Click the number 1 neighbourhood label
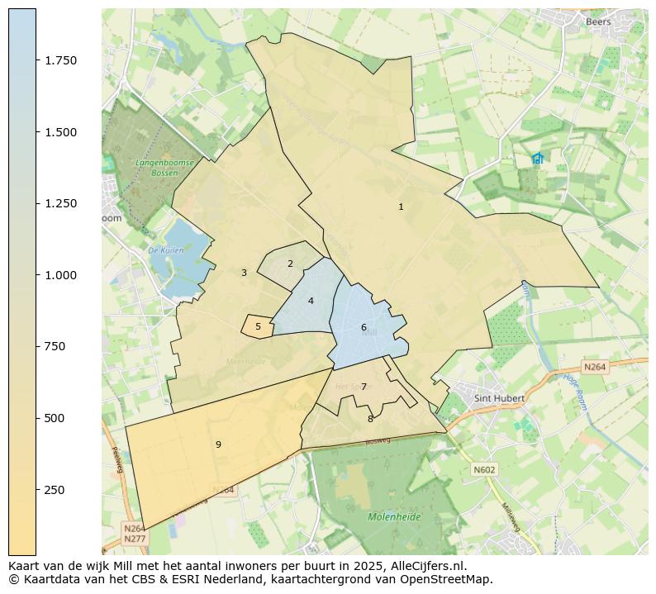401,207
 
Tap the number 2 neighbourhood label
290,264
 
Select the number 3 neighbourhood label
244,273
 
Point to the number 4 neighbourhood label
311,302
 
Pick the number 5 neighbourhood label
258,327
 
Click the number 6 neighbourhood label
364,328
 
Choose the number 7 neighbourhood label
364,387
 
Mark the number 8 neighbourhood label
370,420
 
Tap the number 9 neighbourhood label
218,445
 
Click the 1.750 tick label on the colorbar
61,61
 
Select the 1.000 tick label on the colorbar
61,275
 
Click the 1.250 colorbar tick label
61,204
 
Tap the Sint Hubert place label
500,398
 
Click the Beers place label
598,22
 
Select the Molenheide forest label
394,517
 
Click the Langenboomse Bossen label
165,168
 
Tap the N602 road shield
484,470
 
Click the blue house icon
538,158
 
